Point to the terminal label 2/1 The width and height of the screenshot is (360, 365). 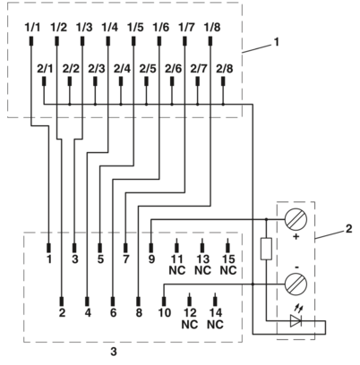click(x=46, y=68)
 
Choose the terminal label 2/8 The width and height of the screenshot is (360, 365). click(x=224, y=68)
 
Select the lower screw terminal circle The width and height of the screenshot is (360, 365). click(x=297, y=285)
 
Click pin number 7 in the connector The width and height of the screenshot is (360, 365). click(x=125, y=259)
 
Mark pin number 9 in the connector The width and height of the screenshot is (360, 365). click(x=151, y=259)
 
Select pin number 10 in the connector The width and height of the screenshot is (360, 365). click(x=164, y=313)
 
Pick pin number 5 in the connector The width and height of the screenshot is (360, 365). click(x=100, y=259)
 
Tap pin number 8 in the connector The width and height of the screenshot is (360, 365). click(x=139, y=313)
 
